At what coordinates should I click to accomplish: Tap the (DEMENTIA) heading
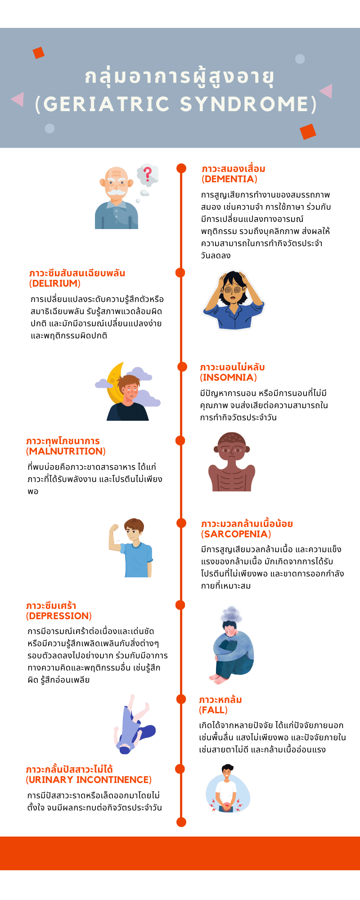click(x=229, y=179)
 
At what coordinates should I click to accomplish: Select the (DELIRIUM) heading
click(x=55, y=283)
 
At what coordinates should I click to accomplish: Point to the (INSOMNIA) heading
click(x=228, y=377)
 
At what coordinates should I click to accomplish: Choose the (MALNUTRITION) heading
click(x=66, y=451)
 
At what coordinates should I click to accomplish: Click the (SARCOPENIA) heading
click(x=236, y=534)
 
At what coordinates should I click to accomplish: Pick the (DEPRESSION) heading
click(x=59, y=616)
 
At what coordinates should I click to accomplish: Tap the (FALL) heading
click(x=213, y=710)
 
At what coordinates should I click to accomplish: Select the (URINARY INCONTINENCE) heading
click(x=89, y=779)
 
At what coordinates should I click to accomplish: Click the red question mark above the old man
click(x=147, y=173)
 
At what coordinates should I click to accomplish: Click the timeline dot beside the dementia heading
click(x=181, y=168)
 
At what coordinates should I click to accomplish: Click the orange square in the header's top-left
click(x=39, y=53)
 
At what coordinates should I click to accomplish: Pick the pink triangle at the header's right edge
click(x=326, y=91)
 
